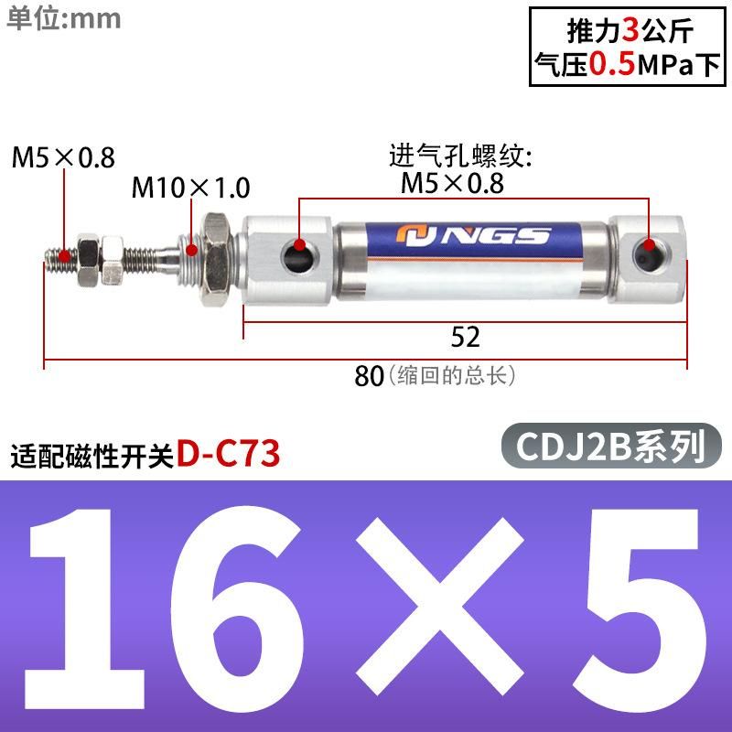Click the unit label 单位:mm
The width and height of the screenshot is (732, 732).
tap(64, 19)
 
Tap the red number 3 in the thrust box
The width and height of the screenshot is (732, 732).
tap(630, 31)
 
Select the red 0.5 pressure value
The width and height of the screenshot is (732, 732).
tap(611, 64)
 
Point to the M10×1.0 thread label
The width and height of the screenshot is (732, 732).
tap(190, 188)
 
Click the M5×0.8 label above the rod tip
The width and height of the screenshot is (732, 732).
tap(63, 156)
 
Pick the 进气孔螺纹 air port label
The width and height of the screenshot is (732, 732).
tap(460, 155)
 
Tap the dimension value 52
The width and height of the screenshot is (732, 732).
tap(465, 337)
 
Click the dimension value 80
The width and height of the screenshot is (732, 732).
tap(369, 376)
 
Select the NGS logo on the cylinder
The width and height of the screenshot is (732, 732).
tap(472, 236)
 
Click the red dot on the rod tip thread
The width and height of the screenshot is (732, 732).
tap(64, 255)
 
